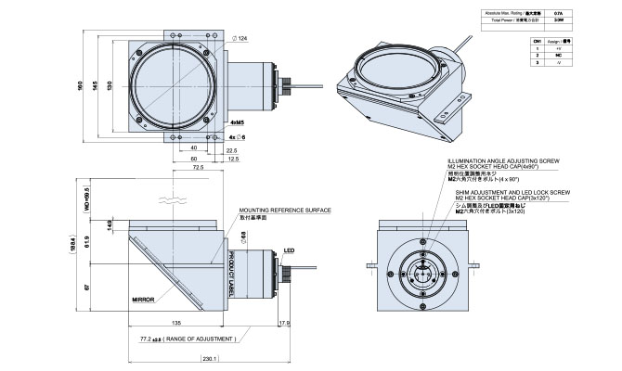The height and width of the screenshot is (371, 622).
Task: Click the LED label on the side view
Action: tap(289, 249)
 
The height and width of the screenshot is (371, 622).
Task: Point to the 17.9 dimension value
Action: tap(284, 324)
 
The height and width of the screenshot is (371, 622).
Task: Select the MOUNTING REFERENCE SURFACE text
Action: tap(285, 211)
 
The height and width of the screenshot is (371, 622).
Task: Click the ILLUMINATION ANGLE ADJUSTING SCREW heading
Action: tap(516, 159)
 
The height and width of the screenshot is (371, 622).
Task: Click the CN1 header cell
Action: tap(537, 42)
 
